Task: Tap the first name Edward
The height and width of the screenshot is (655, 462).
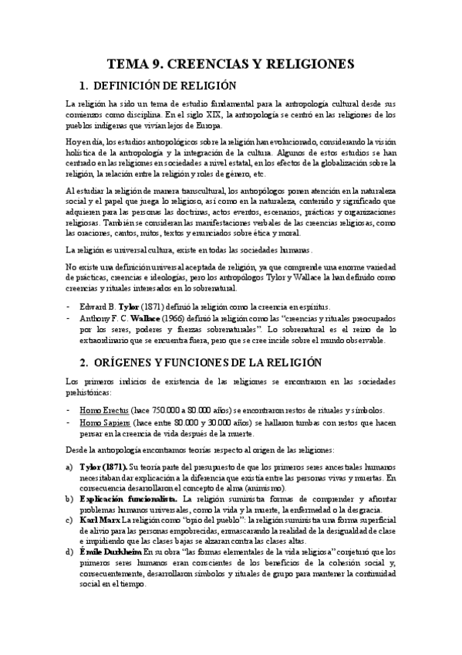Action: (x=96, y=307)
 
